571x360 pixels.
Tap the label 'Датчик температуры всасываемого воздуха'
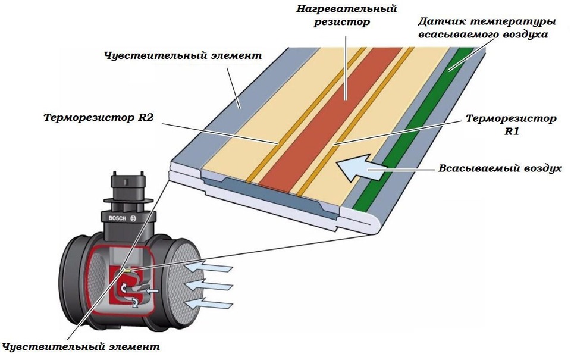(x=486, y=28)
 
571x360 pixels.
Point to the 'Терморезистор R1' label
(x=511, y=125)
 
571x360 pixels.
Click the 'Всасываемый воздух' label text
(x=500, y=168)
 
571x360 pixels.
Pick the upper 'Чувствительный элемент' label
(x=183, y=56)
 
